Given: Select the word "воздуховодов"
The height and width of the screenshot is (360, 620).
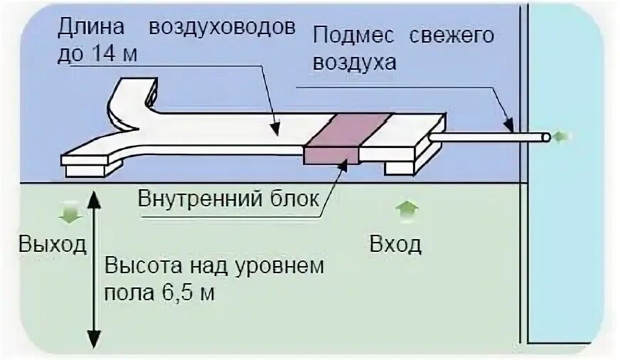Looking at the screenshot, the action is tap(221, 28).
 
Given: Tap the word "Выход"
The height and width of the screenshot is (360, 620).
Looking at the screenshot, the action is tap(53, 245).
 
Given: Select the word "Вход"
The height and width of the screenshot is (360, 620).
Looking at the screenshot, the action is tap(395, 245).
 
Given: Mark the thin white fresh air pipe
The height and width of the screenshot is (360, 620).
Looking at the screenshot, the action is tap(491, 135).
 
